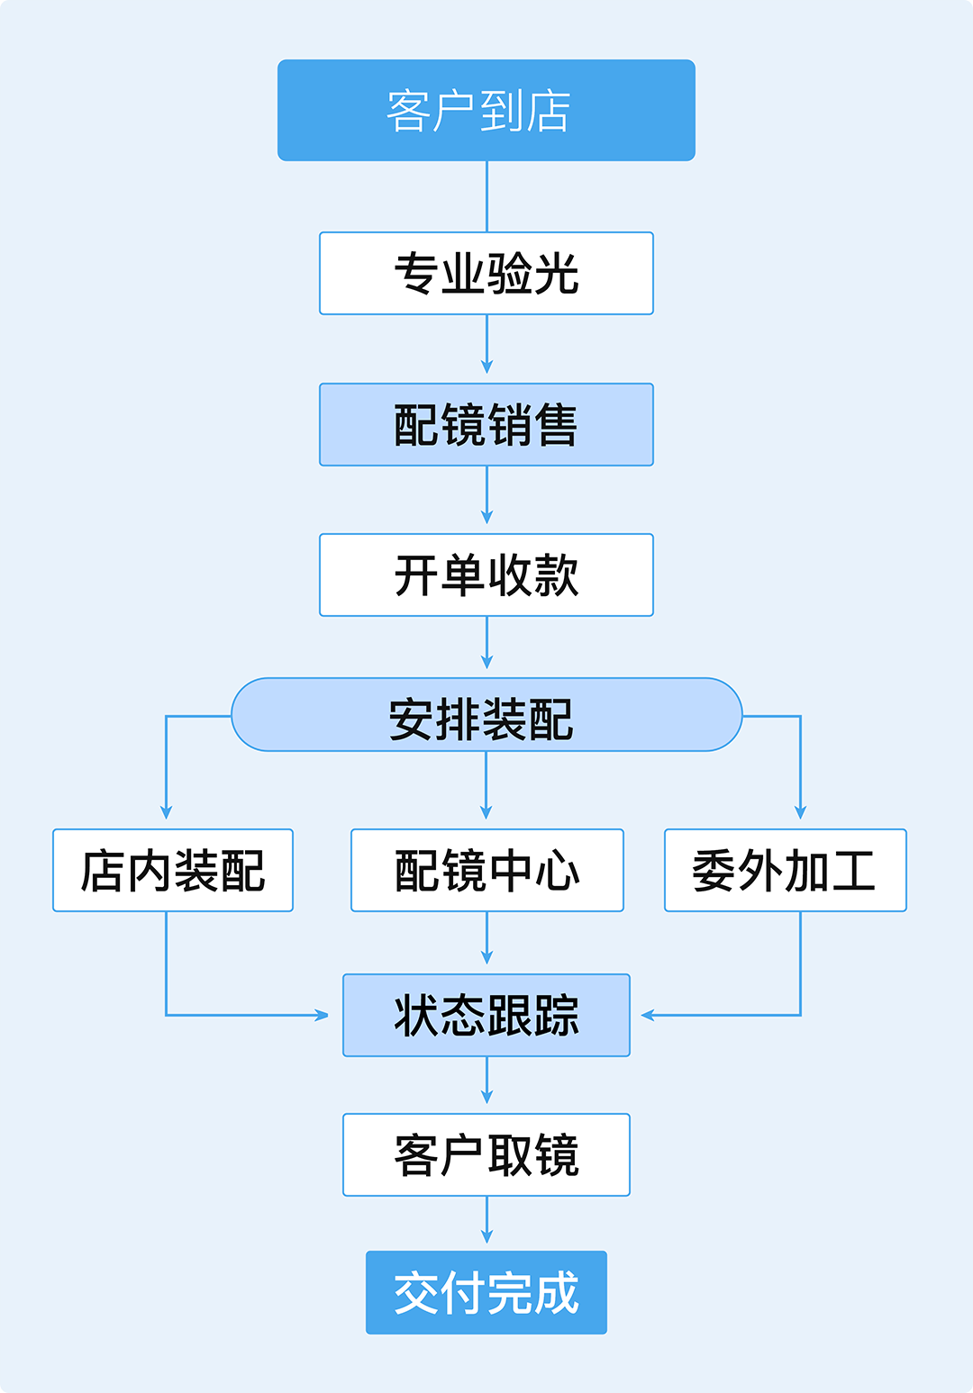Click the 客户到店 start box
click(486, 111)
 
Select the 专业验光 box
click(486, 274)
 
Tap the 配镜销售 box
click(486, 425)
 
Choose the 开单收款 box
click(486, 575)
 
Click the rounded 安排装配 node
click(486, 715)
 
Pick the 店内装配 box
click(173, 871)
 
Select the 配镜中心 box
click(486, 871)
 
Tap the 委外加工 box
click(785, 871)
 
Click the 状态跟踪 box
click(486, 1016)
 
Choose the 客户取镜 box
click(486, 1155)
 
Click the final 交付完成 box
click(486, 1293)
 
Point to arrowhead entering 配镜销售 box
click(486, 367)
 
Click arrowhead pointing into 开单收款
click(486, 518)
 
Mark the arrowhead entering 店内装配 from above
click(166, 812)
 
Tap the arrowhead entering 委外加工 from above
click(800, 812)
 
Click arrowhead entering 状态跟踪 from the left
click(322, 1016)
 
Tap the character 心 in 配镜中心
click(557, 871)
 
